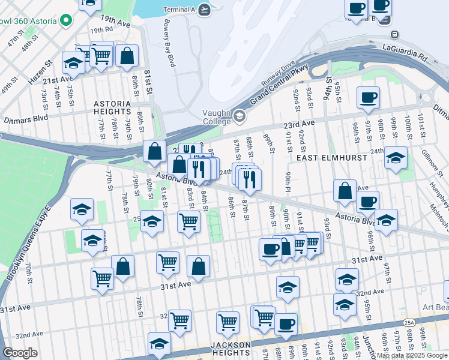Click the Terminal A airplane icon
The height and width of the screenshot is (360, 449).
pos(205,9)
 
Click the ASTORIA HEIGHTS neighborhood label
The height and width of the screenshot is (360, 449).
pos(112,107)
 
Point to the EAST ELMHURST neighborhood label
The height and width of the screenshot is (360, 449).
pos(324,157)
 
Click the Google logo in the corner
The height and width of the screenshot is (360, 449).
pos(20,353)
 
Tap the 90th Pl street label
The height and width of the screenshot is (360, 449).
pos(289,182)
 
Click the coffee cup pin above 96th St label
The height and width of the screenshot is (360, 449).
pos(368,97)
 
